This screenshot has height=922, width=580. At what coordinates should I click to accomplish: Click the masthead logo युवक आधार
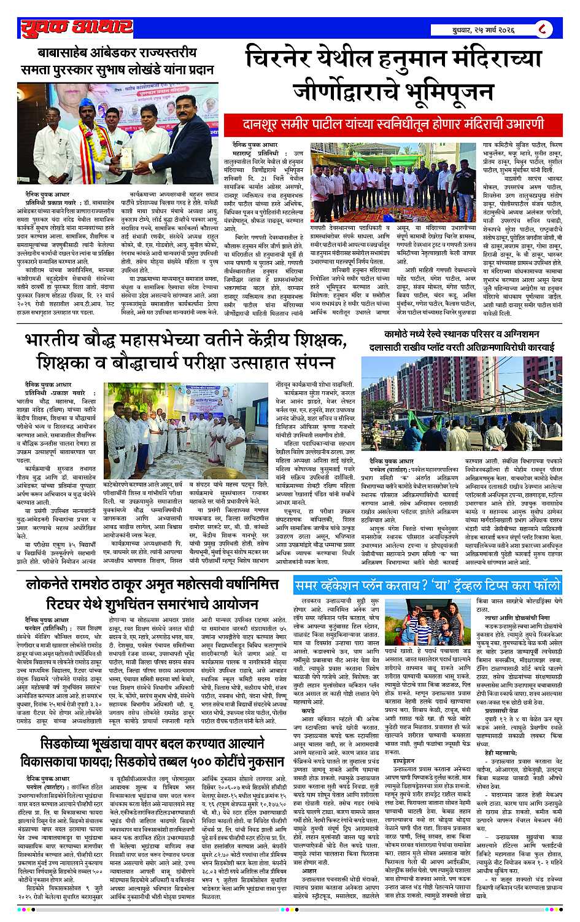(75, 26)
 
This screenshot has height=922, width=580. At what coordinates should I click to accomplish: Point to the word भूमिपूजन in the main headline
(440, 92)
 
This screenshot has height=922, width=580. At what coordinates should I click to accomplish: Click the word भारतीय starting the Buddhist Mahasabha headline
(57, 343)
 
